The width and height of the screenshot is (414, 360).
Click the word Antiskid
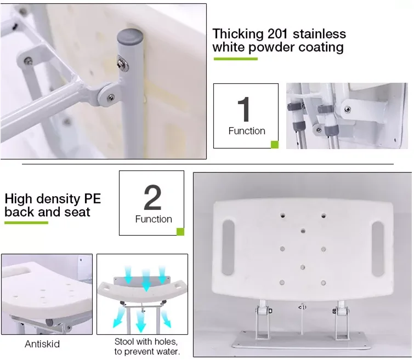tap(42, 345)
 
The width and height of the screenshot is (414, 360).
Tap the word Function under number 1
tap(246, 131)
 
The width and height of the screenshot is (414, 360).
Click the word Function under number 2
tap(154, 219)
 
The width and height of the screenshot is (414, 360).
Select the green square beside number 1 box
tap(275, 144)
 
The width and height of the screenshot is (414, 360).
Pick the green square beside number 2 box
tap(180, 232)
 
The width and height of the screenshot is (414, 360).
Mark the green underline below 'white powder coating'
tap(235, 58)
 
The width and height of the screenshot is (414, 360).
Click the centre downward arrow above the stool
tap(146, 279)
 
